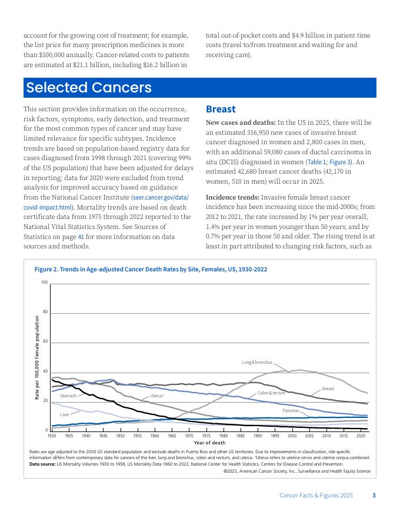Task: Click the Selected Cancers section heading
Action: (x=89, y=88)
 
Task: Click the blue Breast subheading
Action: (x=221, y=109)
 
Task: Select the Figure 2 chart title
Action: (x=151, y=269)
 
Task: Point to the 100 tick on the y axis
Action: (x=44, y=283)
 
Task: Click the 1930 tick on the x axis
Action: (x=52, y=436)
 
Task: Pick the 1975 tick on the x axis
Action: (x=206, y=436)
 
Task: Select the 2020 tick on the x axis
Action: (x=361, y=436)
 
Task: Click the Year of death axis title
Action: (x=209, y=442)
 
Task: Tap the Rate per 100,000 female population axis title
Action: (x=36, y=358)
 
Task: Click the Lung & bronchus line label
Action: (x=257, y=362)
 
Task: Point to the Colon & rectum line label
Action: (x=271, y=393)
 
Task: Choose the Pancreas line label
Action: (x=291, y=410)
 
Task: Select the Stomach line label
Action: (x=68, y=396)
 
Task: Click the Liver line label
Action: (x=65, y=415)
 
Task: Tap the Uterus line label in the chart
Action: (x=157, y=396)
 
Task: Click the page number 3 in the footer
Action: (x=374, y=496)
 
